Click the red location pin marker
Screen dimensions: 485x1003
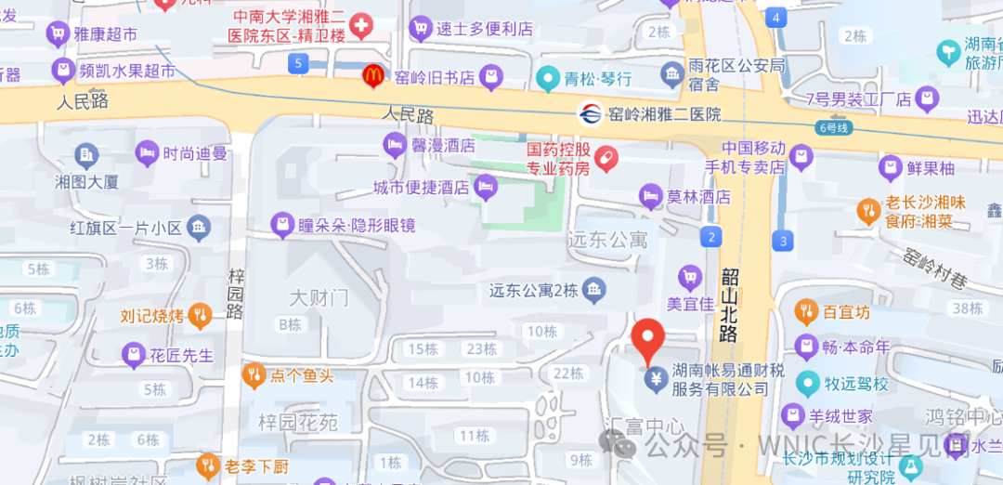coord(647,340)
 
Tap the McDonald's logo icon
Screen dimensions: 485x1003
coord(372,76)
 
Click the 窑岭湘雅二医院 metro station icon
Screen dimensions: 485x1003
coord(589,114)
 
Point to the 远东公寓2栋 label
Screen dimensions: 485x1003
coord(534,291)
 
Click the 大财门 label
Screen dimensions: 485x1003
coord(319,298)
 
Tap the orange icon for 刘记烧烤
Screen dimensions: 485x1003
coord(200,316)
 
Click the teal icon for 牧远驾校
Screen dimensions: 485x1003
coord(808,383)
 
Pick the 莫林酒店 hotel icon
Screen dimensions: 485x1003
coord(651,196)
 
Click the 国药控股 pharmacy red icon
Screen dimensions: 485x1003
coord(606,159)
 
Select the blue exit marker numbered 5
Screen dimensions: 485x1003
coord(297,63)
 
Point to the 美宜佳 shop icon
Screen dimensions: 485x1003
coord(689,276)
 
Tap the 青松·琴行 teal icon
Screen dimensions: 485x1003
coord(548,78)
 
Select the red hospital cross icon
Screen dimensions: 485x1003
coord(359,26)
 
